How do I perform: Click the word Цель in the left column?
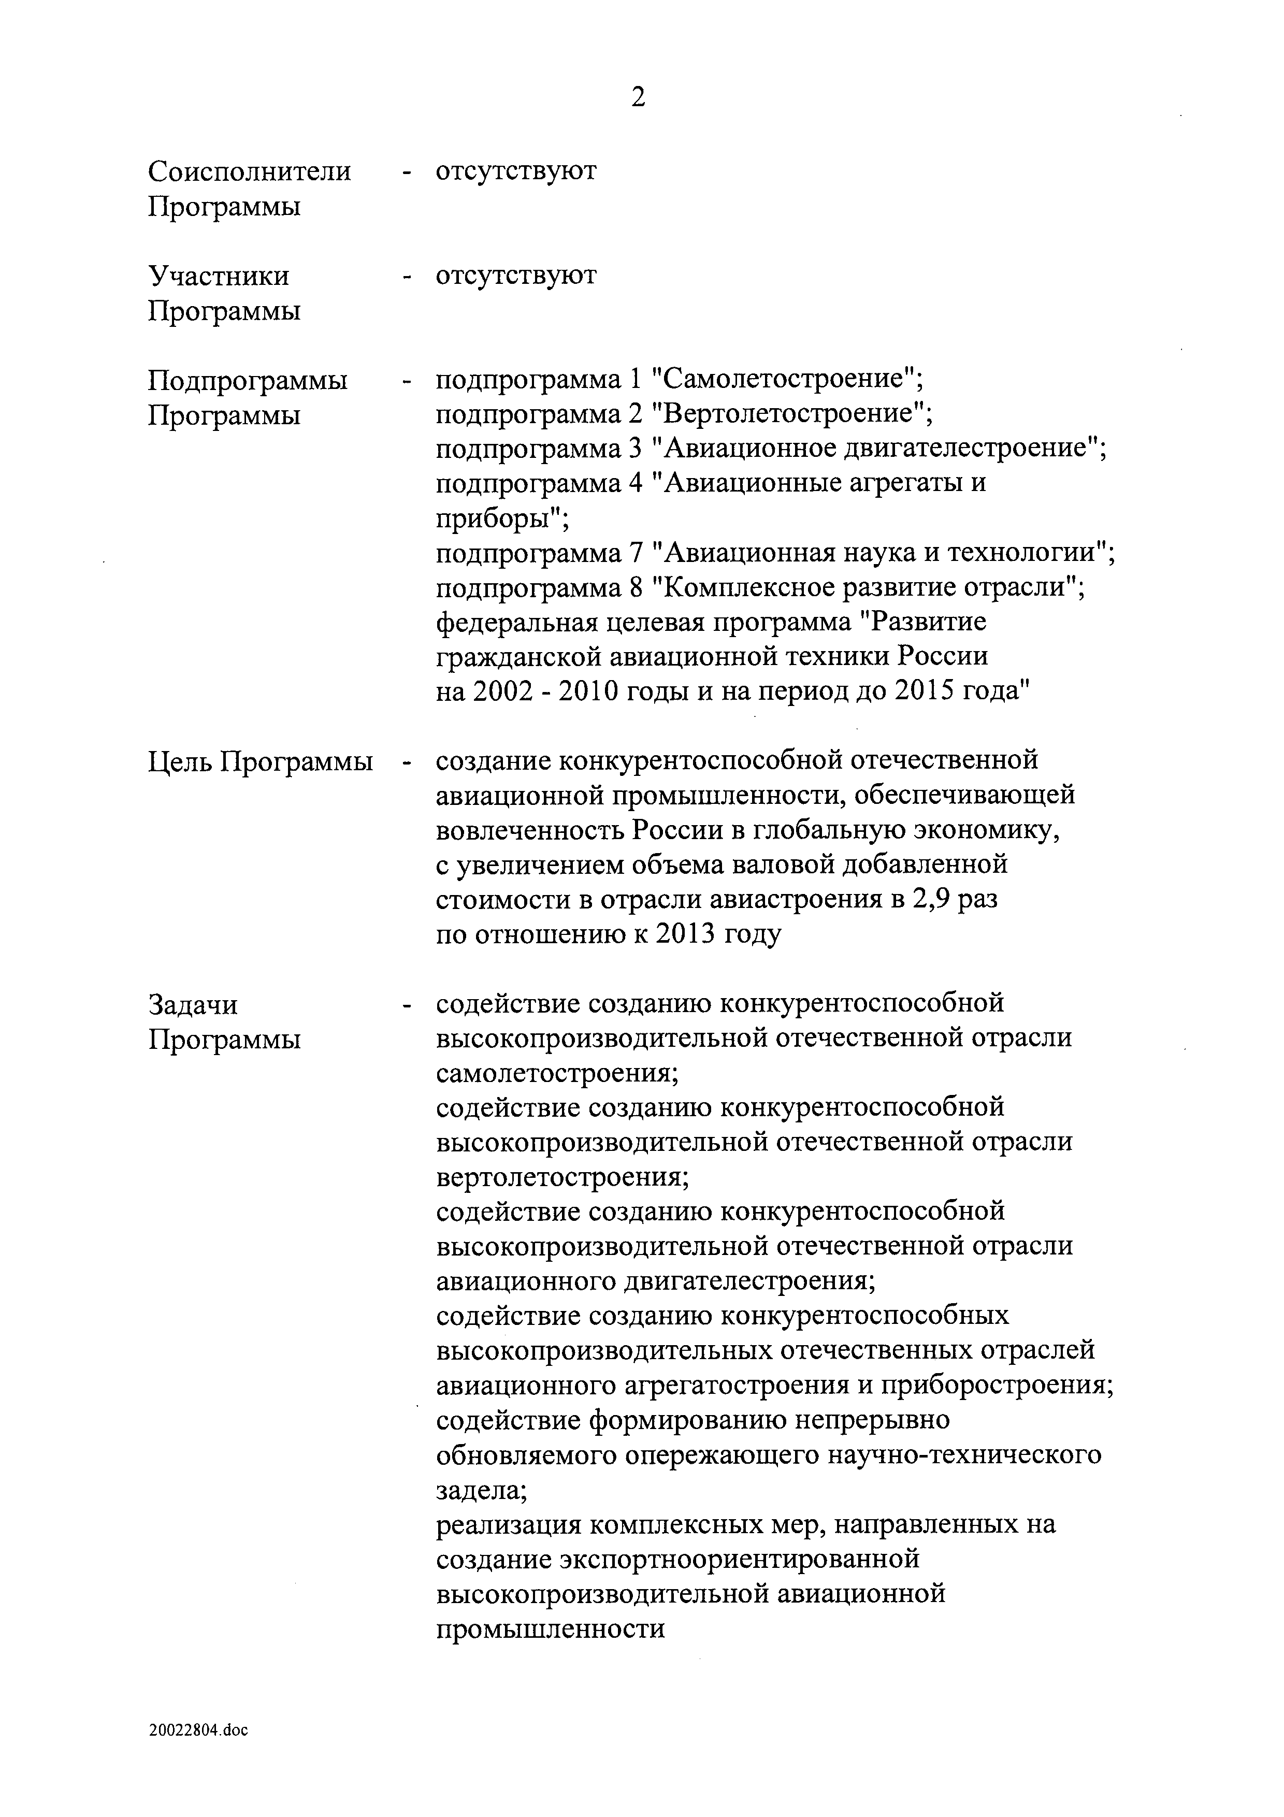[180, 761]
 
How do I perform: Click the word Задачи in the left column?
[193, 1005]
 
